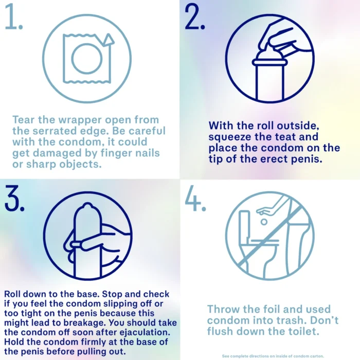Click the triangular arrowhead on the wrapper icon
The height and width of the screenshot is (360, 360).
(x=108, y=40)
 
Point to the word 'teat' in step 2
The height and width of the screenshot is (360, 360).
(x=285, y=137)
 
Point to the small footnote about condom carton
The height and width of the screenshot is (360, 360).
(x=273, y=356)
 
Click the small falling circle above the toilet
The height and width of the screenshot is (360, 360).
(x=264, y=222)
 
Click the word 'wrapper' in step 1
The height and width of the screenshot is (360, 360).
(x=80, y=120)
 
